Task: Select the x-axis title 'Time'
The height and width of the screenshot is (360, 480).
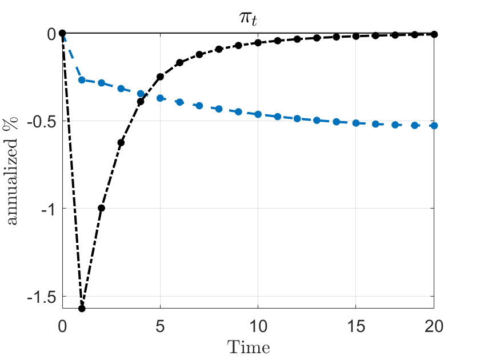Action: pyautogui.click(x=249, y=346)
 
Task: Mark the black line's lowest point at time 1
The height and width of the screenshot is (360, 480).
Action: pyautogui.click(x=82, y=308)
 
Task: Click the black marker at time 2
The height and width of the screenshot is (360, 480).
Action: pyautogui.click(x=101, y=208)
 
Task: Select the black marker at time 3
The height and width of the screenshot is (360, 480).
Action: pyautogui.click(x=121, y=142)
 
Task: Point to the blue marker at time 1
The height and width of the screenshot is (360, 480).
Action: pyautogui.click(x=82, y=80)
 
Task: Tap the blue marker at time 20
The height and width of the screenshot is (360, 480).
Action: pyautogui.click(x=434, y=125)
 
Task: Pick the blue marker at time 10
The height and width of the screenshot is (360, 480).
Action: pyautogui.click(x=258, y=114)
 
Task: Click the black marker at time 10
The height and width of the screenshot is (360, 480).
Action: pyautogui.click(x=258, y=43)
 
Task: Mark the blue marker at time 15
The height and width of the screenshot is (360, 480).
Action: pyautogui.click(x=355, y=123)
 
